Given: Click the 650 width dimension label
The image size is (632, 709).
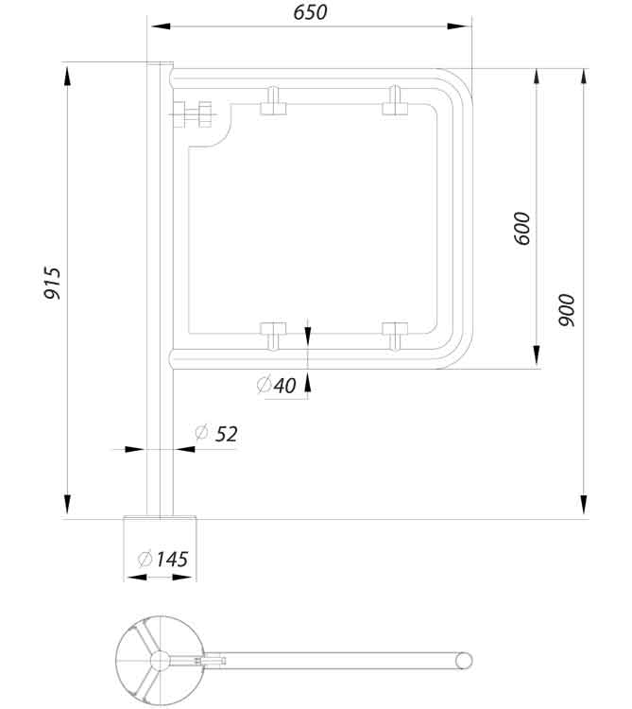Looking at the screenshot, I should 309,12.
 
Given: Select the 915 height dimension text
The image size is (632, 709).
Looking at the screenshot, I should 53,284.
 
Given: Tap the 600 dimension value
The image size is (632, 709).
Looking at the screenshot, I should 522,229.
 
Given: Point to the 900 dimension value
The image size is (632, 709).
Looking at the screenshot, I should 566,310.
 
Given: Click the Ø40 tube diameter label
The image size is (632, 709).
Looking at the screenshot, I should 276,385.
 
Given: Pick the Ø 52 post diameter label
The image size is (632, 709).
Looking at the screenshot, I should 216,434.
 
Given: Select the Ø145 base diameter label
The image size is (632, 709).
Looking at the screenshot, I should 162,559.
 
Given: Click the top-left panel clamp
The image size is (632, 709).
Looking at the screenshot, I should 273,101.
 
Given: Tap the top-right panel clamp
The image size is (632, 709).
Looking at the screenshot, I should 394,101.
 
